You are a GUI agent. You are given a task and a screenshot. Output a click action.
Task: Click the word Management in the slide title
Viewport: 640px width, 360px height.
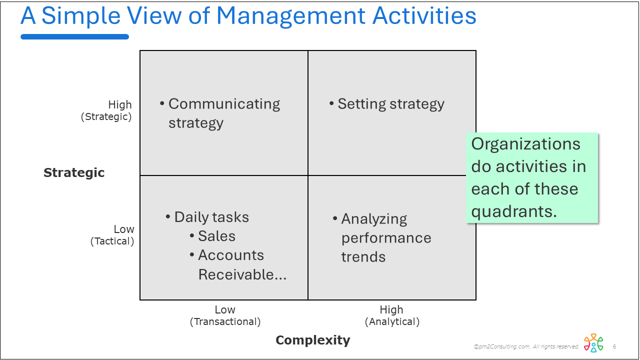click(x=290, y=16)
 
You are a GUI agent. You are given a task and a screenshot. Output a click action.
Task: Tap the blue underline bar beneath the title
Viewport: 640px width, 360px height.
click(x=74, y=36)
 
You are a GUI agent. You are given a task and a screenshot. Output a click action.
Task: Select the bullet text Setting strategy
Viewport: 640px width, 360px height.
click(x=391, y=104)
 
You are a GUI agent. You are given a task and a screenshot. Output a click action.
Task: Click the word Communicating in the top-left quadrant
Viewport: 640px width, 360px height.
click(x=224, y=104)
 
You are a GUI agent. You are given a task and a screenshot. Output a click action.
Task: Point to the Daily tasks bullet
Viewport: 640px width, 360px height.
click(x=211, y=217)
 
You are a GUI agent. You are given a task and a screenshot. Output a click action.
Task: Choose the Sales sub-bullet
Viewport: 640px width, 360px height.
click(x=216, y=236)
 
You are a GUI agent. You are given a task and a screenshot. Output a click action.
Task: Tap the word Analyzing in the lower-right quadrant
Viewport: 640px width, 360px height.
click(x=374, y=219)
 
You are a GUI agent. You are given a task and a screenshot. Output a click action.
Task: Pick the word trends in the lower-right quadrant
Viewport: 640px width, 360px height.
click(x=363, y=257)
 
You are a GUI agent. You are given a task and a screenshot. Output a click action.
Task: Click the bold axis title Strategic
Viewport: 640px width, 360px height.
click(x=74, y=172)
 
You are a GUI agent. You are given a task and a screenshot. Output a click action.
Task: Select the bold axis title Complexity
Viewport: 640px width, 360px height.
click(x=313, y=340)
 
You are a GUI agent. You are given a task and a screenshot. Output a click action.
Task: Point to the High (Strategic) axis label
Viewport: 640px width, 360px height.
click(x=106, y=110)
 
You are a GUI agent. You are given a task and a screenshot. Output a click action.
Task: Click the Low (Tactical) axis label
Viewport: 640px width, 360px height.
click(x=112, y=235)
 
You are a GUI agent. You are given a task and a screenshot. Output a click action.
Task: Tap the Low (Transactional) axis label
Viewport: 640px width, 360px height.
click(x=225, y=315)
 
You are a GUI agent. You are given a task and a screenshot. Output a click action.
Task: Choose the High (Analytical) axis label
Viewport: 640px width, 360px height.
click(x=392, y=315)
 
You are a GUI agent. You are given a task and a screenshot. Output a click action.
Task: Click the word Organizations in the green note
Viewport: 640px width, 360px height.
click(x=525, y=144)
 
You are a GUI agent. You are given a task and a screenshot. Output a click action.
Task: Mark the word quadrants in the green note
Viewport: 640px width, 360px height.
click(x=514, y=211)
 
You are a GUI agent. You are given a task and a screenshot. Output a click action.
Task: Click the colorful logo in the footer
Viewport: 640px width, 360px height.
click(x=593, y=342)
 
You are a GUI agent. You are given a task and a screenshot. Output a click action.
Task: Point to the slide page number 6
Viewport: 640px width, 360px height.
click(x=614, y=346)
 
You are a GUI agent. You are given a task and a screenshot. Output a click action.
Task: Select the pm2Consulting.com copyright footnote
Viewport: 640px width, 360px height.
click(x=526, y=346)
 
